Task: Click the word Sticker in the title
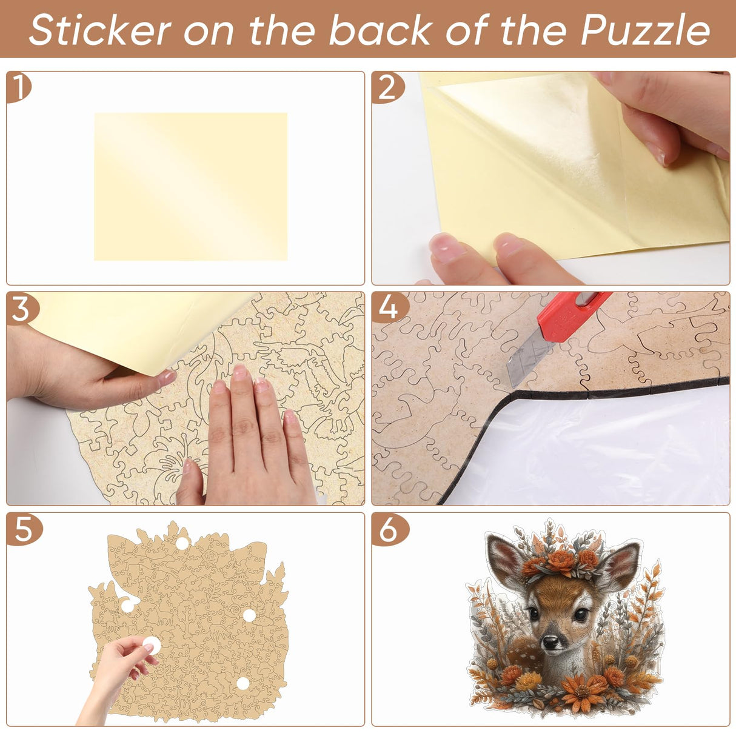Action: (99, 30)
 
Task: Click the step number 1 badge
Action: (19, 88)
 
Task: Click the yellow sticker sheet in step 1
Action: (190, 186)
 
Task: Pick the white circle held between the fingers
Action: (151, 645)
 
